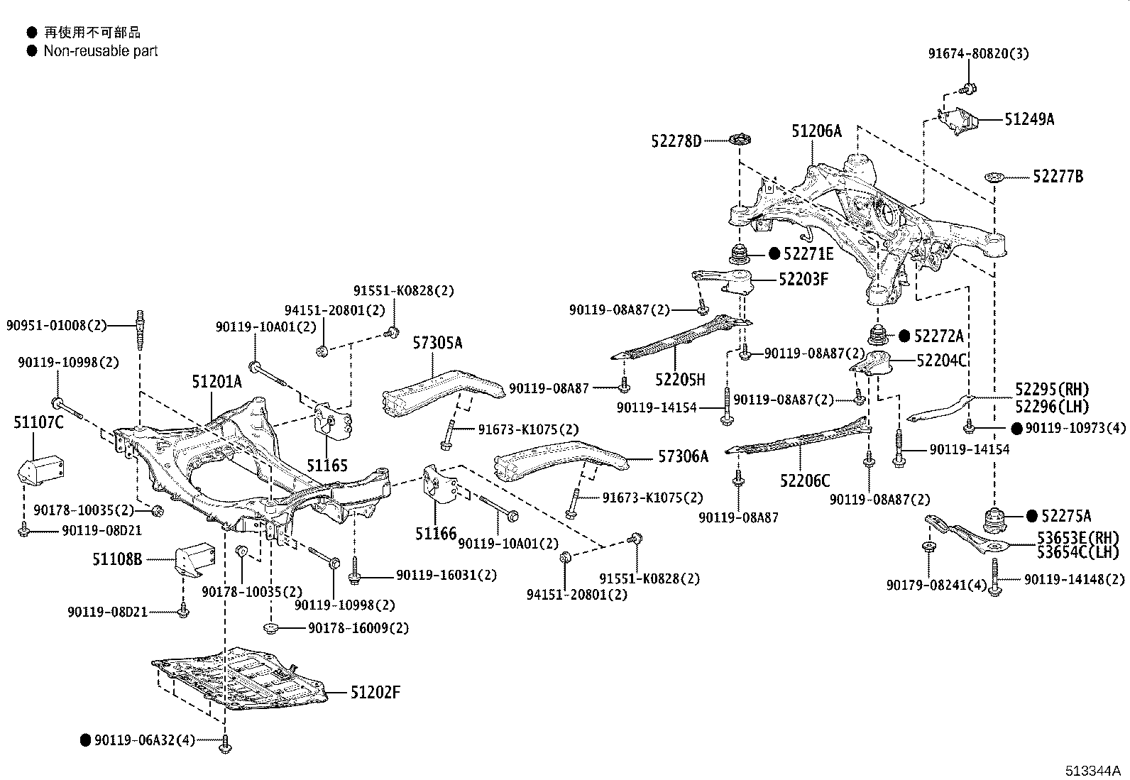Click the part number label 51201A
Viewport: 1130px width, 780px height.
[x=216, y=383]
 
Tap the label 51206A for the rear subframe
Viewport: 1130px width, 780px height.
[x=816, y=131]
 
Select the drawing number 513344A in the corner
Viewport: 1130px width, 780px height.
[x=1092, y=771]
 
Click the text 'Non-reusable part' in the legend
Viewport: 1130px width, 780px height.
[x=100, y=51]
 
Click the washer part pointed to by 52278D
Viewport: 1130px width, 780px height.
[x=740, y=139]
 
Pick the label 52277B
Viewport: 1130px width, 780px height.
[x=1058, y=177]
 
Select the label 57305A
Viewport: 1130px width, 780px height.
[x=437, y=344]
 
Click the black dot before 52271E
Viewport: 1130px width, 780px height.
[x=774, y=253]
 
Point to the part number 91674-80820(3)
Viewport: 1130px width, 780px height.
[x=978, y=53]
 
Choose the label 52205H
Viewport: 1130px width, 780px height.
[x=679, y=380]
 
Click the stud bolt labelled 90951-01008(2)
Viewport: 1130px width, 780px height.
[x=140, y=329]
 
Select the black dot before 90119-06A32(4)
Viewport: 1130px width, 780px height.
[x=86, y=740]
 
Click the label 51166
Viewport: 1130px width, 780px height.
[x=436, y=533]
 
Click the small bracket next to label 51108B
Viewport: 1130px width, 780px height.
[x=194, y=557]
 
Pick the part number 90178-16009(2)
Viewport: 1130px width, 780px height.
[x=358, y=628]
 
